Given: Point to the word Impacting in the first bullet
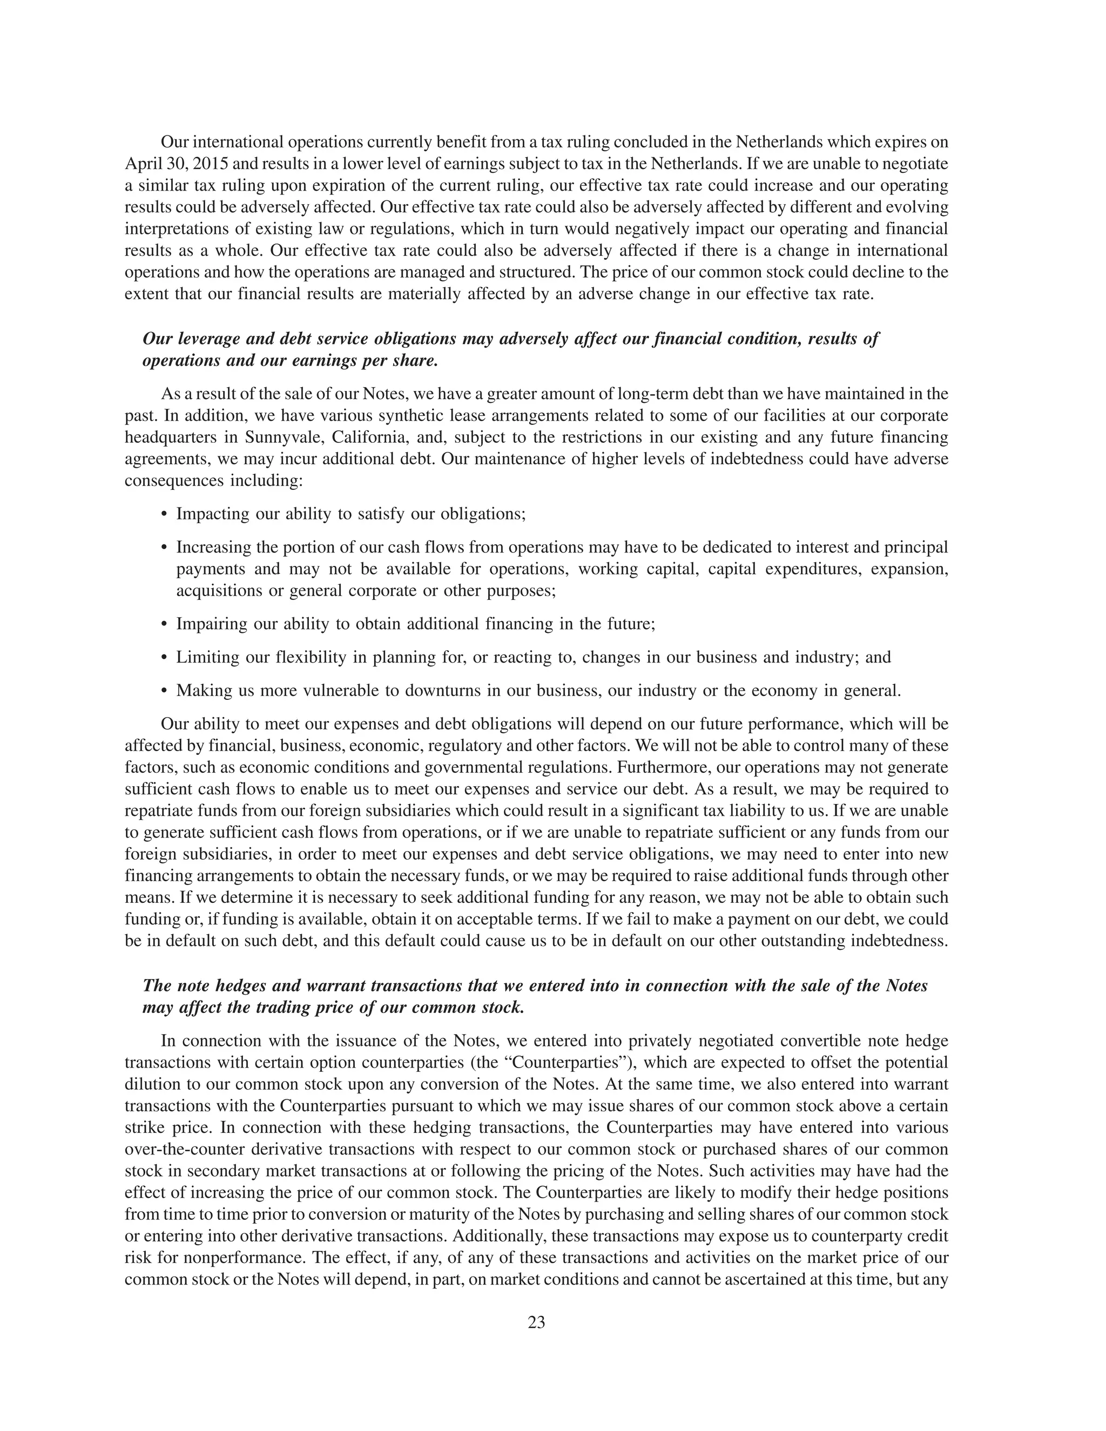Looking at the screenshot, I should [214, 514].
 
